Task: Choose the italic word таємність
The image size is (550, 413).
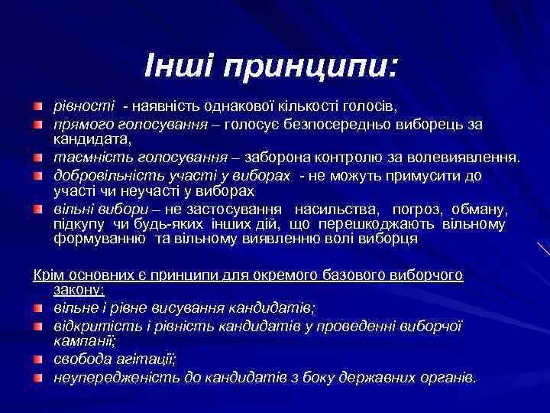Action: tap(84, 157)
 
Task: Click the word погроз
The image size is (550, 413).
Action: tap(417, 210)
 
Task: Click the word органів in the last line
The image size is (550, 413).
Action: tap(449, 377)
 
